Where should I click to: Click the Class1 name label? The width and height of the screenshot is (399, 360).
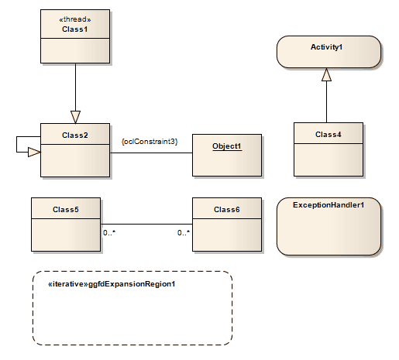point(75,29)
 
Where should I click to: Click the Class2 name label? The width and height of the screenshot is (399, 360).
point(75,135)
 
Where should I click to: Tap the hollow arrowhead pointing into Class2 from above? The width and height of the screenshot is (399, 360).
point(75,116)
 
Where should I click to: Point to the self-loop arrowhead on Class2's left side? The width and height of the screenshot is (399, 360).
point(33,153)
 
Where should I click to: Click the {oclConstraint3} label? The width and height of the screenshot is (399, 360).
point(150,141)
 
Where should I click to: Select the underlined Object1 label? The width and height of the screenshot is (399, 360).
point(227,146)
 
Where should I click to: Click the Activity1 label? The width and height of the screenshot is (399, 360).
point(326,47)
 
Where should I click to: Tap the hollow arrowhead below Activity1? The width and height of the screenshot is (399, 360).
point(326,74)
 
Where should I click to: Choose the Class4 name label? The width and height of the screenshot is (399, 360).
point(328,135)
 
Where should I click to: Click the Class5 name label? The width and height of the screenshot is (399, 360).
point(66,209)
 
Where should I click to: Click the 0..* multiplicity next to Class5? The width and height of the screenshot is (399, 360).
point(109,232)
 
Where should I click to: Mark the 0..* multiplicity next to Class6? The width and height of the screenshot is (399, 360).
point(184,232)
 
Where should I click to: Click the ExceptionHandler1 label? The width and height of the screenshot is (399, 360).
point(328,205)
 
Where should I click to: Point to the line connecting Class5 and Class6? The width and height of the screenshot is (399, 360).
point(147,225)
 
